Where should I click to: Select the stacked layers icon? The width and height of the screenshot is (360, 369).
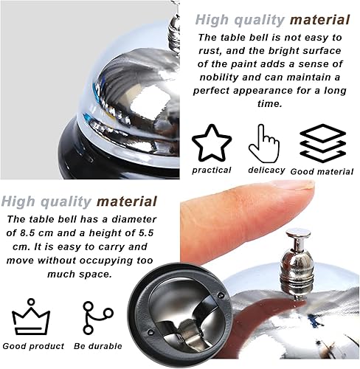pos(323,142)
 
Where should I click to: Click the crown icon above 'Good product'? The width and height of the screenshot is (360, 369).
pos(31,317)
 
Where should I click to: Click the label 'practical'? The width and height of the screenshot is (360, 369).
pos(211,170)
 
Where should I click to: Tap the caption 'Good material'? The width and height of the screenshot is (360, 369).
pos(323,171)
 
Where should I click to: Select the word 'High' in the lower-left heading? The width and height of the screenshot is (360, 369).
pos(18,201)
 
